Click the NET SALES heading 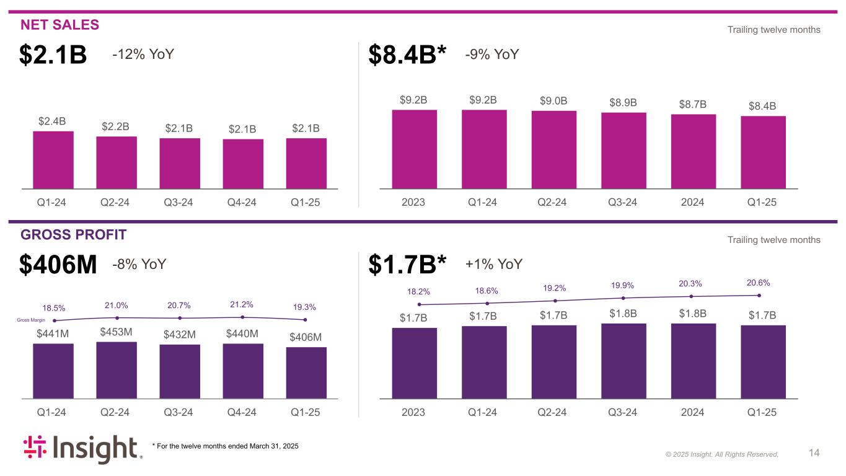(x=59, y=25)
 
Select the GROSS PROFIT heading (x=73, y=234)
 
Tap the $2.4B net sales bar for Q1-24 (x=53, y=159)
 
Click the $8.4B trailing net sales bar (x=763, y=152)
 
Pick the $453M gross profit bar (x=117, y=369)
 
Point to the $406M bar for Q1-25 (x=306, y=372)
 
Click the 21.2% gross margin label (x=242, y=305)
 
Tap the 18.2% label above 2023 (x=418, y=291)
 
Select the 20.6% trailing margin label (x=759, y=283)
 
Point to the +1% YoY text (x=494, y=265)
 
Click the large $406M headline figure (x=58, y=265)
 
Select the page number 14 (x=814, y=453)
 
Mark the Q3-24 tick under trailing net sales (x=623, y=202)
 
